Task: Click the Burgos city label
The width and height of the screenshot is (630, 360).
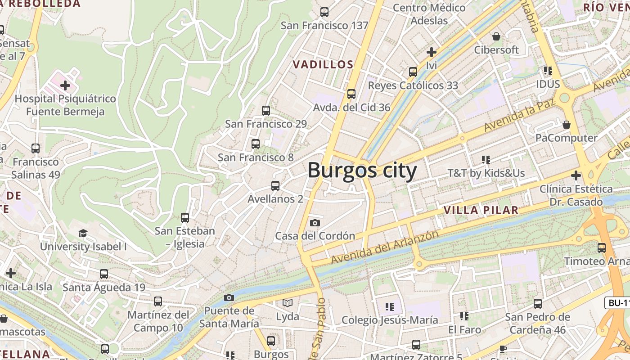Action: click(362, 171)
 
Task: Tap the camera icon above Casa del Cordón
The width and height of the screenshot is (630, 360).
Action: click(315, 223)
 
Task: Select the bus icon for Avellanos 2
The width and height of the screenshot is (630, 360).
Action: click(275, 185)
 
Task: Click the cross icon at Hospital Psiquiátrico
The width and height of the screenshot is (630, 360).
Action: click(65, 85)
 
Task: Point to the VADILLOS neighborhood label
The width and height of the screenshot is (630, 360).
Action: click(323, 64)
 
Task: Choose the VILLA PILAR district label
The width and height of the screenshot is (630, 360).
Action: click(481, 210)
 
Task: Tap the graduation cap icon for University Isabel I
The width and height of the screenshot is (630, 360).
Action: click(83, 233)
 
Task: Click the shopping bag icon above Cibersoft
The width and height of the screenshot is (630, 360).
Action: click(496, 36)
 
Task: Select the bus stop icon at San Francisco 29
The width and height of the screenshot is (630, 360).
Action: click(266, 110)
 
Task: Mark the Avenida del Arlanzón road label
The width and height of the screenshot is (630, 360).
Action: click(385, 247)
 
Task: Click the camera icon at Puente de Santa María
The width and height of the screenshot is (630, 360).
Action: click(229, 297)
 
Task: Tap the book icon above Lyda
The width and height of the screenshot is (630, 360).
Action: click(288, 303)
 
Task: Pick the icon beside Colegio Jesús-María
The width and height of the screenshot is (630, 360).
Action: click(390, 307)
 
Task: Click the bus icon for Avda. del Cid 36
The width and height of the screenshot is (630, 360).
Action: click(351, 94)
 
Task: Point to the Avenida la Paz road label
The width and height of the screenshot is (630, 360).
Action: click(519, 114)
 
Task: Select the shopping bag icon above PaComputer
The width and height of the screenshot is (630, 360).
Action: click(567, 124)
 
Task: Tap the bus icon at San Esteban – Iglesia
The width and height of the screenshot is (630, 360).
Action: click(185, 218)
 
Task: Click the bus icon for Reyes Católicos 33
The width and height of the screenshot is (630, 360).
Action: click(413, 72)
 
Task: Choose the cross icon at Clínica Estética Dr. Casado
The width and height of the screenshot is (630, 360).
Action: click(576, 175)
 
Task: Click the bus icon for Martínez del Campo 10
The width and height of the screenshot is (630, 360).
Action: click(158, 301)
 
